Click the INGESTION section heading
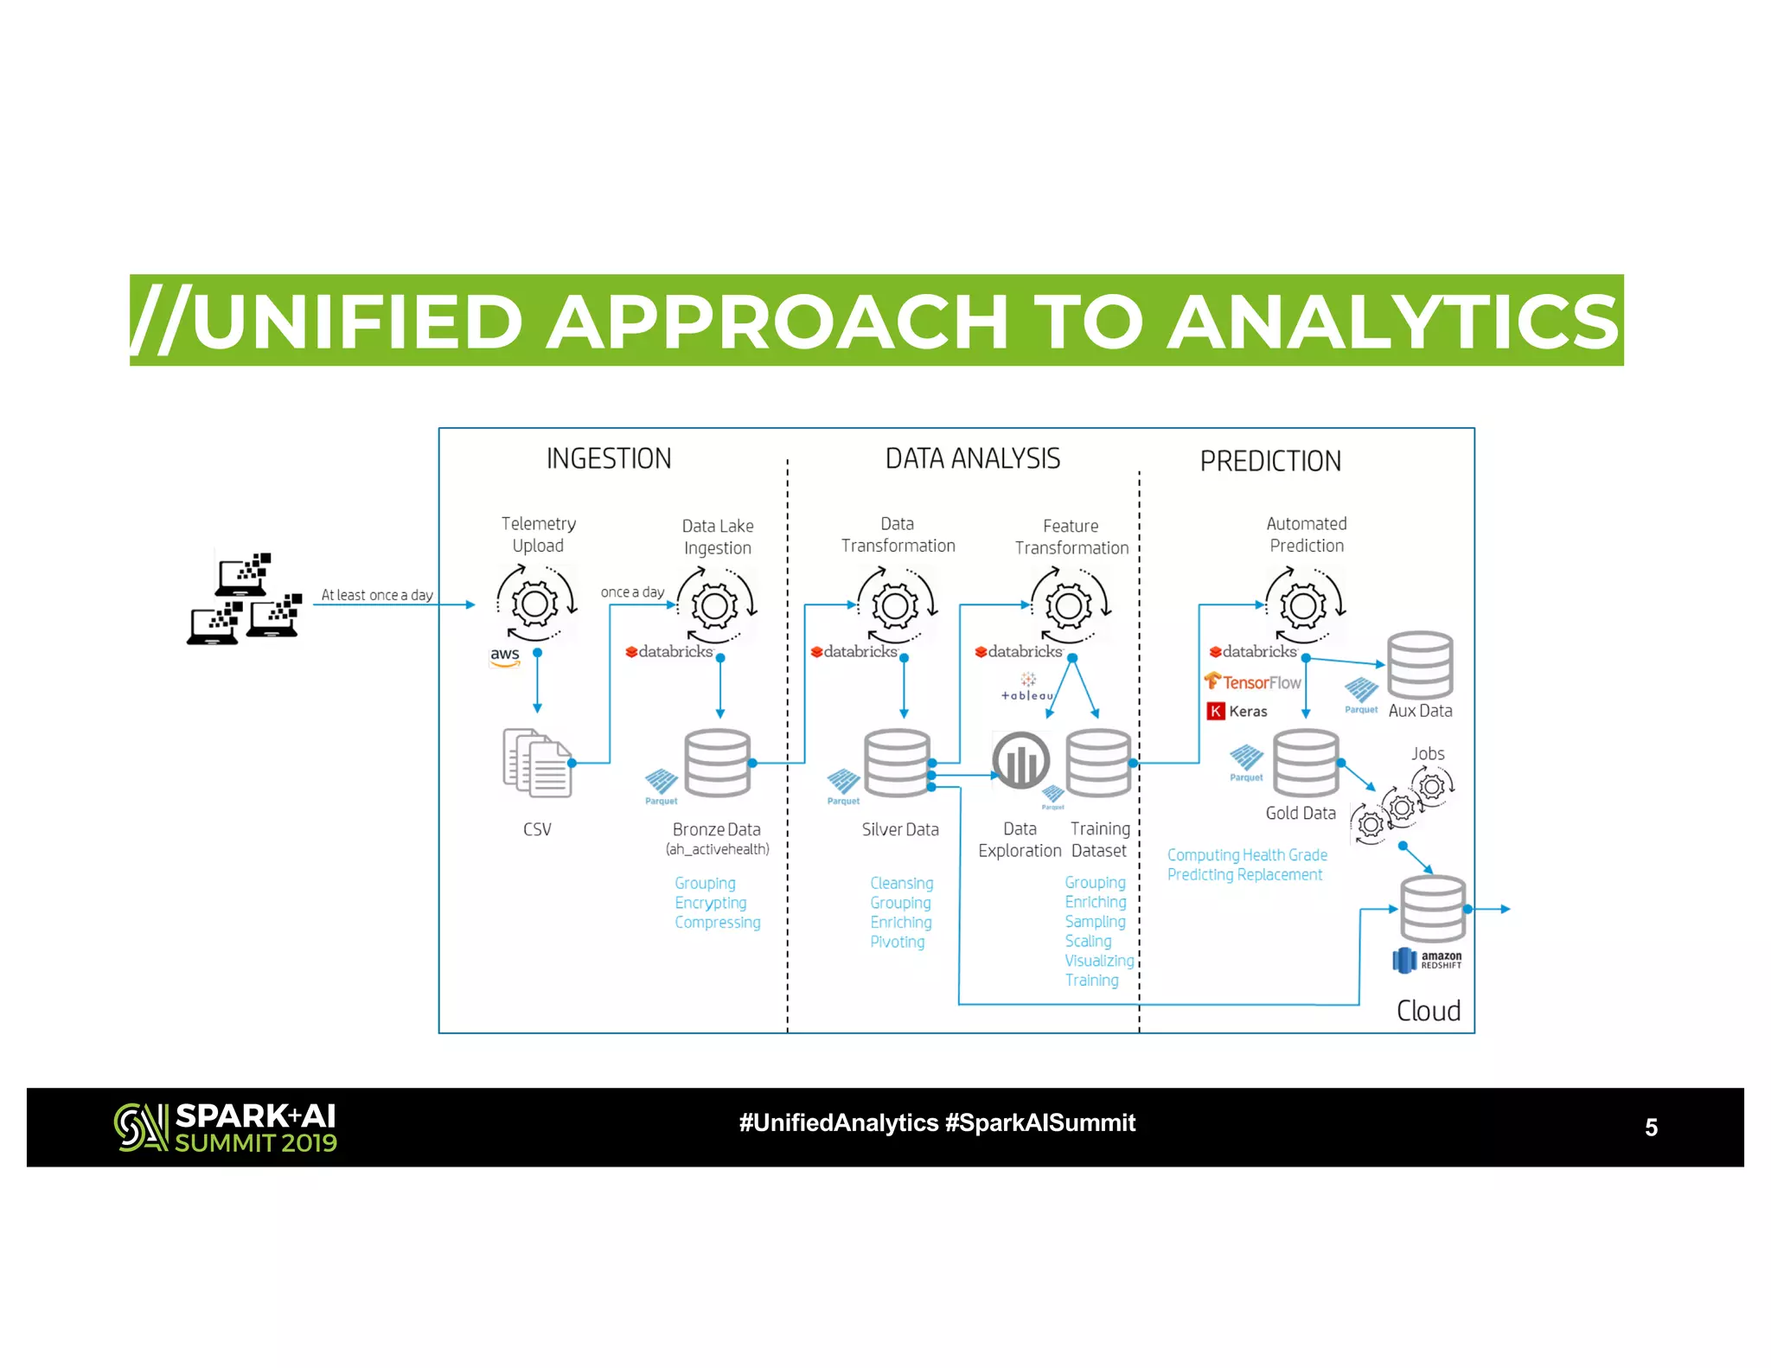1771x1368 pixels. [x=609, y=458]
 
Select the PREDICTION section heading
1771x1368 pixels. [x=1270, y=461]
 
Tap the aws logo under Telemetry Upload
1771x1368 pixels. [x=505, y=655]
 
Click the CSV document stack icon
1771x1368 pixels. [x=537, y=763]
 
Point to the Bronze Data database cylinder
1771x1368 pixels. [x=717, y=763]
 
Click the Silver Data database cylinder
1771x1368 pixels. [x=897, y=763]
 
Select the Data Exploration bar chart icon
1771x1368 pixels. [x=1020, y=761]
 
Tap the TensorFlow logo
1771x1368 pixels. [x=1252, y=682]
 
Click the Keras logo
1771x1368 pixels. [x=1237, y=711]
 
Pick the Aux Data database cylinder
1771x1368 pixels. [x=1420, y=665]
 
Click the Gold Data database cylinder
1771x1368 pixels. [x=1306, y=763]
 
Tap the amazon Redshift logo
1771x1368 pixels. [x=1427, y=960]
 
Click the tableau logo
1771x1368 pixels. [x=1027, y=687]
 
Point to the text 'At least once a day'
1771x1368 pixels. [x=377, y=595]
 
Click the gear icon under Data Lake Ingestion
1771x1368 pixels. [x=716, y=604]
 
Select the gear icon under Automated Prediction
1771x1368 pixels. [x=1303, y=604]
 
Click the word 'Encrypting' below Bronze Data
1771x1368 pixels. [x=710, y=903]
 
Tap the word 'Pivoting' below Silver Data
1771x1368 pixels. [x=897, y=942]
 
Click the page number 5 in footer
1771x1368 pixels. [x=1651, y=1128]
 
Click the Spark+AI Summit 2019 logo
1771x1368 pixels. [x=226, y=1128]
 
